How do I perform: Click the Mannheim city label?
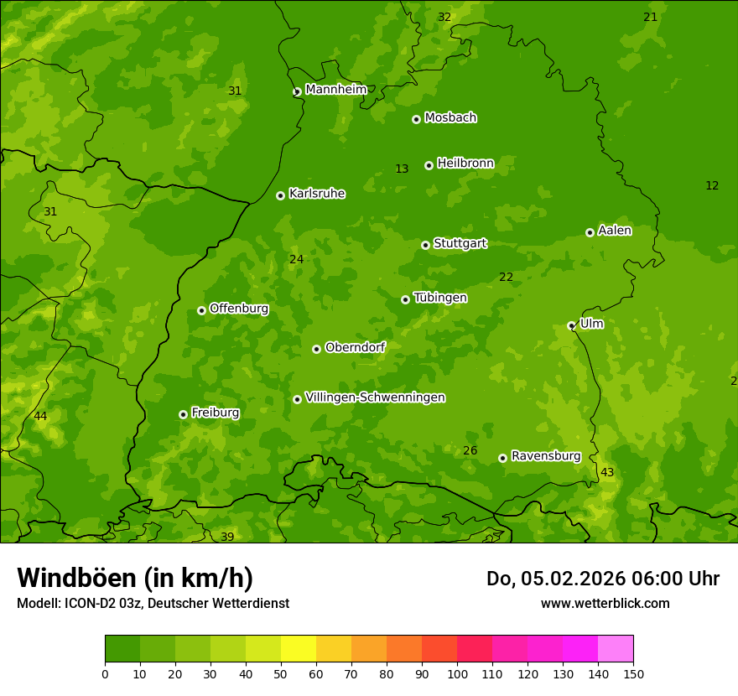(x=335, y=90)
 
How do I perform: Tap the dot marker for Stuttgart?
(x=425, y=245)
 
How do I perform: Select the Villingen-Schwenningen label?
(x=375, y=397)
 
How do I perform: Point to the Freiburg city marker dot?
(x=183, y=414)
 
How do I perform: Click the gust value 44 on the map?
(x=40, y=417)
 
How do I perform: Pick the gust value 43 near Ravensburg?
(x=607, y=473)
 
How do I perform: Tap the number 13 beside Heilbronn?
(x=402, y=169)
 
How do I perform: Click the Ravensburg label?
(x=546, y=456)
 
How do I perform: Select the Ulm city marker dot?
(x=571, y=325)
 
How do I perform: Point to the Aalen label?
(x=615, y=231)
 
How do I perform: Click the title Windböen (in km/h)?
(x=135, y=578)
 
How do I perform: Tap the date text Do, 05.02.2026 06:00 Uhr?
(x=602, y=579)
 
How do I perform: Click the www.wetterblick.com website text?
(x=605, y=604)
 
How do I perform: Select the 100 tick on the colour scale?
(x=457, y=674)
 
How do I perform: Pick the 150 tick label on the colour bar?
(x=633, y=674)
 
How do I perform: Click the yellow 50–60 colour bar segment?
(x=299, y=649)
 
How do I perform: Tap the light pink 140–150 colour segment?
(x=616, y=649)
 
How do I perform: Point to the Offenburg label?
(x=239, y=309)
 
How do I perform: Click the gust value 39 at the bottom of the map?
(x=227, y=537)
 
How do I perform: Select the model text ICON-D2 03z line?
(x=153, y=604)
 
